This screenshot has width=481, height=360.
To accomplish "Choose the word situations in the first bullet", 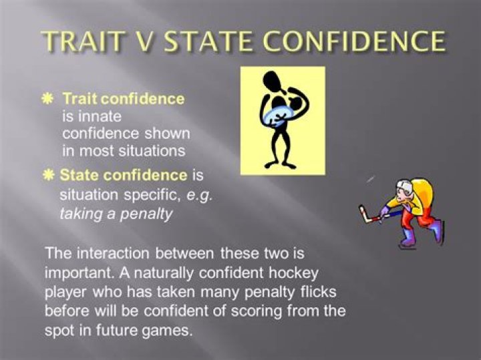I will (x=150, y=151).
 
